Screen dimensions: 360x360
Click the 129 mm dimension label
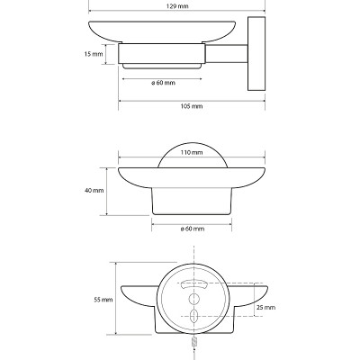[x=178, y=6]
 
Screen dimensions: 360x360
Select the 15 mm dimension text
[x=94, y=54]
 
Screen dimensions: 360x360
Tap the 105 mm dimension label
[x=192, y=106]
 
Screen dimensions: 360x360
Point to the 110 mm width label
[x=192, y=153]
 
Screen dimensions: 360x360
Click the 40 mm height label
[x=94, y=191]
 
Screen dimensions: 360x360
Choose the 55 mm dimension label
[x=103, y=300]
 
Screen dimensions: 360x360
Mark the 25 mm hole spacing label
[x=265, y=307]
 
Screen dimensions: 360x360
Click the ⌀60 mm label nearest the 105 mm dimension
[x=163, y=83]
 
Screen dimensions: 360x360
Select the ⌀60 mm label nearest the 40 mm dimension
[x=193, y=229]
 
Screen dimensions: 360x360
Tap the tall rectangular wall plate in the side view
[x=256, y=54]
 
